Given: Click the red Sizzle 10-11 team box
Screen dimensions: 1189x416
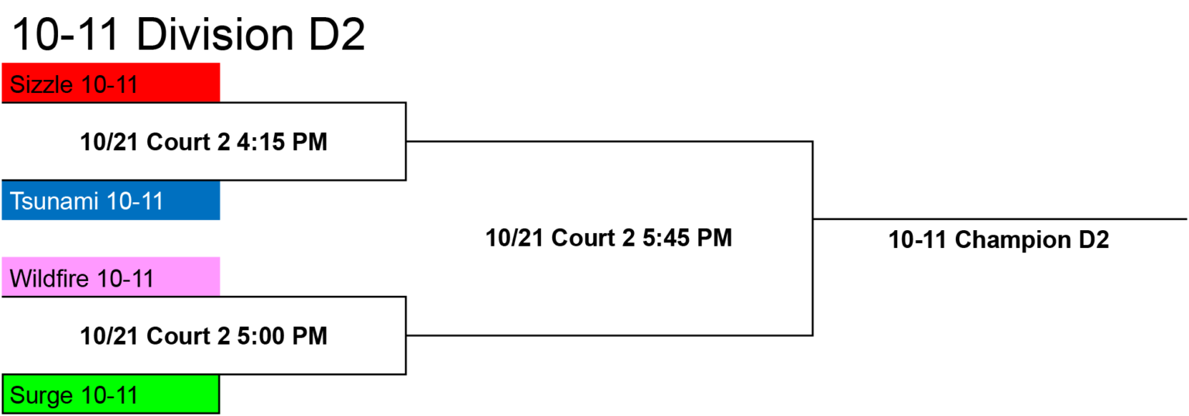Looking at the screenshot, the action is tap(111, 82).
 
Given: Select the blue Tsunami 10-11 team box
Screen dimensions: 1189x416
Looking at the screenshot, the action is tap(111, 201).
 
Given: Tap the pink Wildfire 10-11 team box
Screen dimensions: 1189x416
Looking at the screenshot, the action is tap(111, 277).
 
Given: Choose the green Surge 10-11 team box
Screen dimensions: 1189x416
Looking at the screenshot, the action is tap(111, 394).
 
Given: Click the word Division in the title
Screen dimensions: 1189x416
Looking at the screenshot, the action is tap(215, 34).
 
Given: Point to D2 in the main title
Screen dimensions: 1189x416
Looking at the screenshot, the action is tap(337, 34).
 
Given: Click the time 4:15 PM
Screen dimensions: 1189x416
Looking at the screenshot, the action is tap(282, 142).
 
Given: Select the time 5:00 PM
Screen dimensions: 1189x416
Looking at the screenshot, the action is tap(282, 335).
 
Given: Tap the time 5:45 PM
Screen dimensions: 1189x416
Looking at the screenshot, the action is tap(687, 238).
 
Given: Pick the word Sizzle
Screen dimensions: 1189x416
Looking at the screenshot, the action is tap(41, 84).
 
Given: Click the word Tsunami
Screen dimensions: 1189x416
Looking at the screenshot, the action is tap(55, 201).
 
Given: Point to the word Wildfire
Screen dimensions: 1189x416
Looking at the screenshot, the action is tap(50, 278).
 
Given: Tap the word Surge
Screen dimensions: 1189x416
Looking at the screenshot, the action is tap(41, 396).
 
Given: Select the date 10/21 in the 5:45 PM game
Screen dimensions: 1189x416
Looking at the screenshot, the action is tap(515, 238).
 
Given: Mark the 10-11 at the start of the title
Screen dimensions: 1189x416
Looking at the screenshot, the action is tap(65, 34).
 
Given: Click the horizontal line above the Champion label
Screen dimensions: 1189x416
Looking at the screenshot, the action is tap(999, 219).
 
